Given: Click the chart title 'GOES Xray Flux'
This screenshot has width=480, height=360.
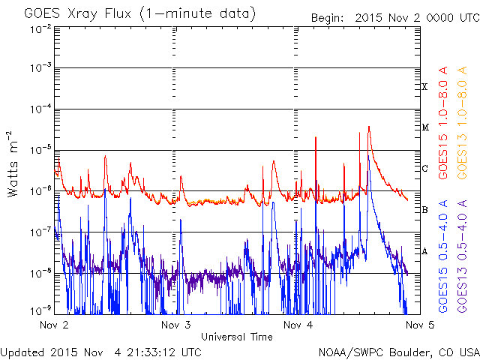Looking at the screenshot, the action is (78, 14).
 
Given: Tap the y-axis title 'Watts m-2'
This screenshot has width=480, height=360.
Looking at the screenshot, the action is (13, 164).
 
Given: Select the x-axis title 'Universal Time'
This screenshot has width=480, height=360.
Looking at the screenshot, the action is (237, 337).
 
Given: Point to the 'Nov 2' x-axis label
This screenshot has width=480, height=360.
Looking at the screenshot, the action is (54, 325).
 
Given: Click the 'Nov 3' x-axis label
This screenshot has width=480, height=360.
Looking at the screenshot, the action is (176, 325).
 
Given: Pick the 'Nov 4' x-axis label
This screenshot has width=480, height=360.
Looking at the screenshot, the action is (298, 325).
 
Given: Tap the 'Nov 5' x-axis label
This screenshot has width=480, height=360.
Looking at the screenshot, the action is (420, 325).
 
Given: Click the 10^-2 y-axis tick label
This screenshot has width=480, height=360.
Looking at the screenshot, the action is (41, 30).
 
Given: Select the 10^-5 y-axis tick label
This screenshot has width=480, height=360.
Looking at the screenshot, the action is (41, 150).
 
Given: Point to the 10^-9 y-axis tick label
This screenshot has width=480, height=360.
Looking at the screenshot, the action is (41, 310).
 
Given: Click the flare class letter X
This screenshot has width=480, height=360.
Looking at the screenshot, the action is (424, 87).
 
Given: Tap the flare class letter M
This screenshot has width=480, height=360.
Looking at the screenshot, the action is (425, 127).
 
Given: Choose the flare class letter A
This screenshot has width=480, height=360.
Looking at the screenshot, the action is (424, 251).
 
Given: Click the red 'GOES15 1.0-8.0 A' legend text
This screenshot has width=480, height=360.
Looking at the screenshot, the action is (443, 123).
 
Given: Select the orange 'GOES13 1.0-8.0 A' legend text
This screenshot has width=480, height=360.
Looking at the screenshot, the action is (462, 123).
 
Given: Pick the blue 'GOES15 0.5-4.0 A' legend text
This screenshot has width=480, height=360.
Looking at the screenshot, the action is (443, 256).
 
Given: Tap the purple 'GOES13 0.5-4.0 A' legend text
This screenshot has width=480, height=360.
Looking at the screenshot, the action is (462, 256).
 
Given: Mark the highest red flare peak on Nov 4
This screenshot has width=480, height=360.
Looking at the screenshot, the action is (369, 127).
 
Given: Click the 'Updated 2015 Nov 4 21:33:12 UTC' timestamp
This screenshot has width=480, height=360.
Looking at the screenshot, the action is (100, 352).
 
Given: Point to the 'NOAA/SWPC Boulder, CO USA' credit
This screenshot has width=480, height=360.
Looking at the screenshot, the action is (399, 352).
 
